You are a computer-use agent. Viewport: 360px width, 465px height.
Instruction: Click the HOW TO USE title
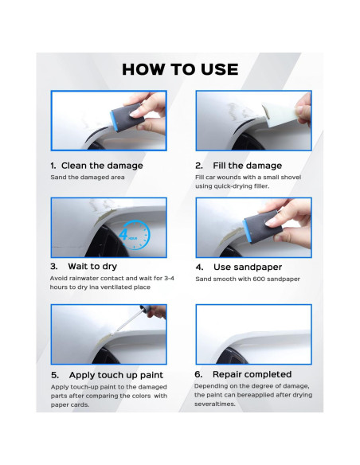click(x=180, y=68)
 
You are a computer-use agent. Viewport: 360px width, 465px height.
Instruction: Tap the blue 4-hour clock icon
click(x=129, y=235)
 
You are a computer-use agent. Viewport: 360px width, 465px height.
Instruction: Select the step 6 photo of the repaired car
click(x=252, y=330)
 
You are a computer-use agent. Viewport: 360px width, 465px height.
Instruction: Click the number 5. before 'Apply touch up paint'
click(x=55, y=374)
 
